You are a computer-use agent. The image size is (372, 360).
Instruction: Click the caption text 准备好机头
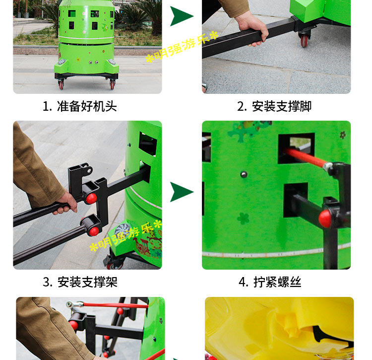point(87,106)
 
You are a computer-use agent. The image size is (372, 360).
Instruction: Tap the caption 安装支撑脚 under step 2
point(282,106)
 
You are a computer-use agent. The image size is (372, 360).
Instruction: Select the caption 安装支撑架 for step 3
point(87,282)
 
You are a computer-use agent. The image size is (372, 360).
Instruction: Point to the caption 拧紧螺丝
point(277,282)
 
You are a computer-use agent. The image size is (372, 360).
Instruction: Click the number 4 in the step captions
point(243,283)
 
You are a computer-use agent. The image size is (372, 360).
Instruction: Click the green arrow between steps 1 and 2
point(181,16)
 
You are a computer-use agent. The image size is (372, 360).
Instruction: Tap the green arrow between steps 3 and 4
point(181,192)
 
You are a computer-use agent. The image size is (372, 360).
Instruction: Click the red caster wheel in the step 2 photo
point(305,40)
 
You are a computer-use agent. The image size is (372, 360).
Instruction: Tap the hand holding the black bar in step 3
point(65,203)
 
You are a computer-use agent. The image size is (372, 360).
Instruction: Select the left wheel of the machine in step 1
point(61,84)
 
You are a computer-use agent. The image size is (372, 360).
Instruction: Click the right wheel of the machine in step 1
point(112,84)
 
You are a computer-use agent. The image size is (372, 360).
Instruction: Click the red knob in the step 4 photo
point(325,218)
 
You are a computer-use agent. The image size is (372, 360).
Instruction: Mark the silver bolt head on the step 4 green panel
point(244,175)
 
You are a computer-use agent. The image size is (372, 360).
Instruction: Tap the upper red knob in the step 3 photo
point(91,199)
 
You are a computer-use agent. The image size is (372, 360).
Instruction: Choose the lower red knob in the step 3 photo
point(94,231)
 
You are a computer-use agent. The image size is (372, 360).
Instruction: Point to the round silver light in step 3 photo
point(123,229)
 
